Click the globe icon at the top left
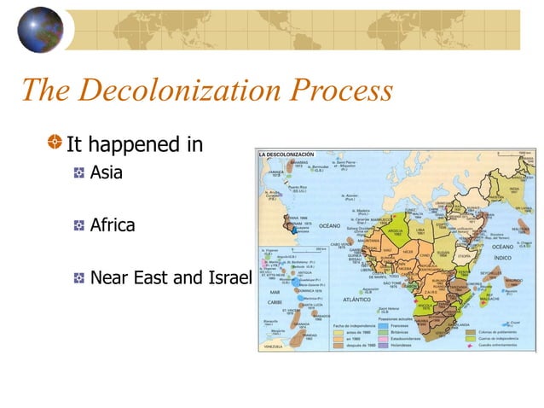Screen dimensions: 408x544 [x=39, y=30]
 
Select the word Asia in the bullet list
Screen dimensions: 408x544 [x=107, y=173]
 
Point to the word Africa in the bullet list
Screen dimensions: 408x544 [x=113, y=226]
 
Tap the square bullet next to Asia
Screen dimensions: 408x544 [x=78, y=174]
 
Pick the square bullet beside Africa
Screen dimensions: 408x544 [x=78, y=227]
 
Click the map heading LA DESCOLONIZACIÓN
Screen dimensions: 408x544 [x=286, y=153]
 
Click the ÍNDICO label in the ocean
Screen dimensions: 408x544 [x=502, y=256]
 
